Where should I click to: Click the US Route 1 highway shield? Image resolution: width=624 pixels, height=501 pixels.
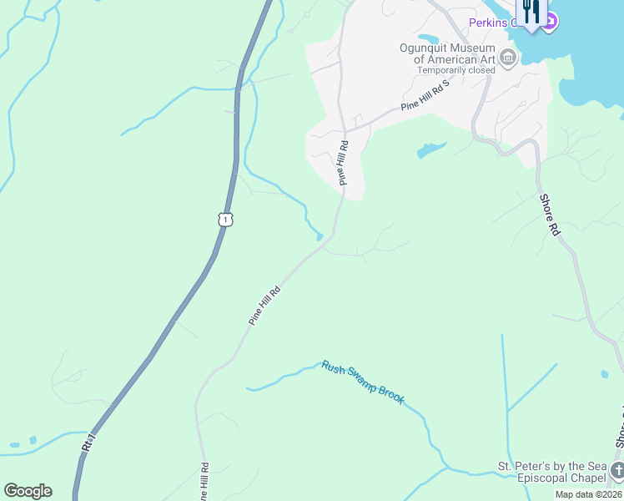pyautogui.click(x=225, y=219)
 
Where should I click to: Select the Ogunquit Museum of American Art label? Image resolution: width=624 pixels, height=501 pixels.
pyautogui.click(x=448, y=53)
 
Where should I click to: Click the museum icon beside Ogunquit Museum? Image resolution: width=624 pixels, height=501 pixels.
pyautogui.click(x=508, y=57)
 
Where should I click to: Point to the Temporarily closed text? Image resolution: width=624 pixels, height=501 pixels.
pyautogui.click(x=456, y=70)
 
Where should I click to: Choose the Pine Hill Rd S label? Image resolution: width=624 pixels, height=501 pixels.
pyautogui.click(x=425, y=96)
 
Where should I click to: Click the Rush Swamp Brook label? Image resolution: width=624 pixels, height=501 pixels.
pyautogui.click(x=363, y=382)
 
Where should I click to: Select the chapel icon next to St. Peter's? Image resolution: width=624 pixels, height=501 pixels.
pyautogui.click(x=617, y=470)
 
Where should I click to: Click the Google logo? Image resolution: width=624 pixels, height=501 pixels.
pyautogui.click(x=28, y=491)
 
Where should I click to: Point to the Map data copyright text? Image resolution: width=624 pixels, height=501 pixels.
pyautogui.click(x=588, y=494)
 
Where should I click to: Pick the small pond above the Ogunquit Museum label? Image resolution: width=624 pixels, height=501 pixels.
pyautogui.click(x=428, y=38)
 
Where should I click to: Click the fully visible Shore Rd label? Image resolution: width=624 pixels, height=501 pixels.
pyautogui.click(x=549, y=215)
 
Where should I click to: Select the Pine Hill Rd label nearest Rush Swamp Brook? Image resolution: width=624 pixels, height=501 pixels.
pyautogui.click(x=264, y=306)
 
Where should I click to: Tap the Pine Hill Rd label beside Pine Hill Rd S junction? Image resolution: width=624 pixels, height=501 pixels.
pyautogui.click(x=342, y=162)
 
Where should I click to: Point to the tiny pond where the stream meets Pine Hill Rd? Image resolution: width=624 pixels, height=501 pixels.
pyautogui.click(x=320, y=236)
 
